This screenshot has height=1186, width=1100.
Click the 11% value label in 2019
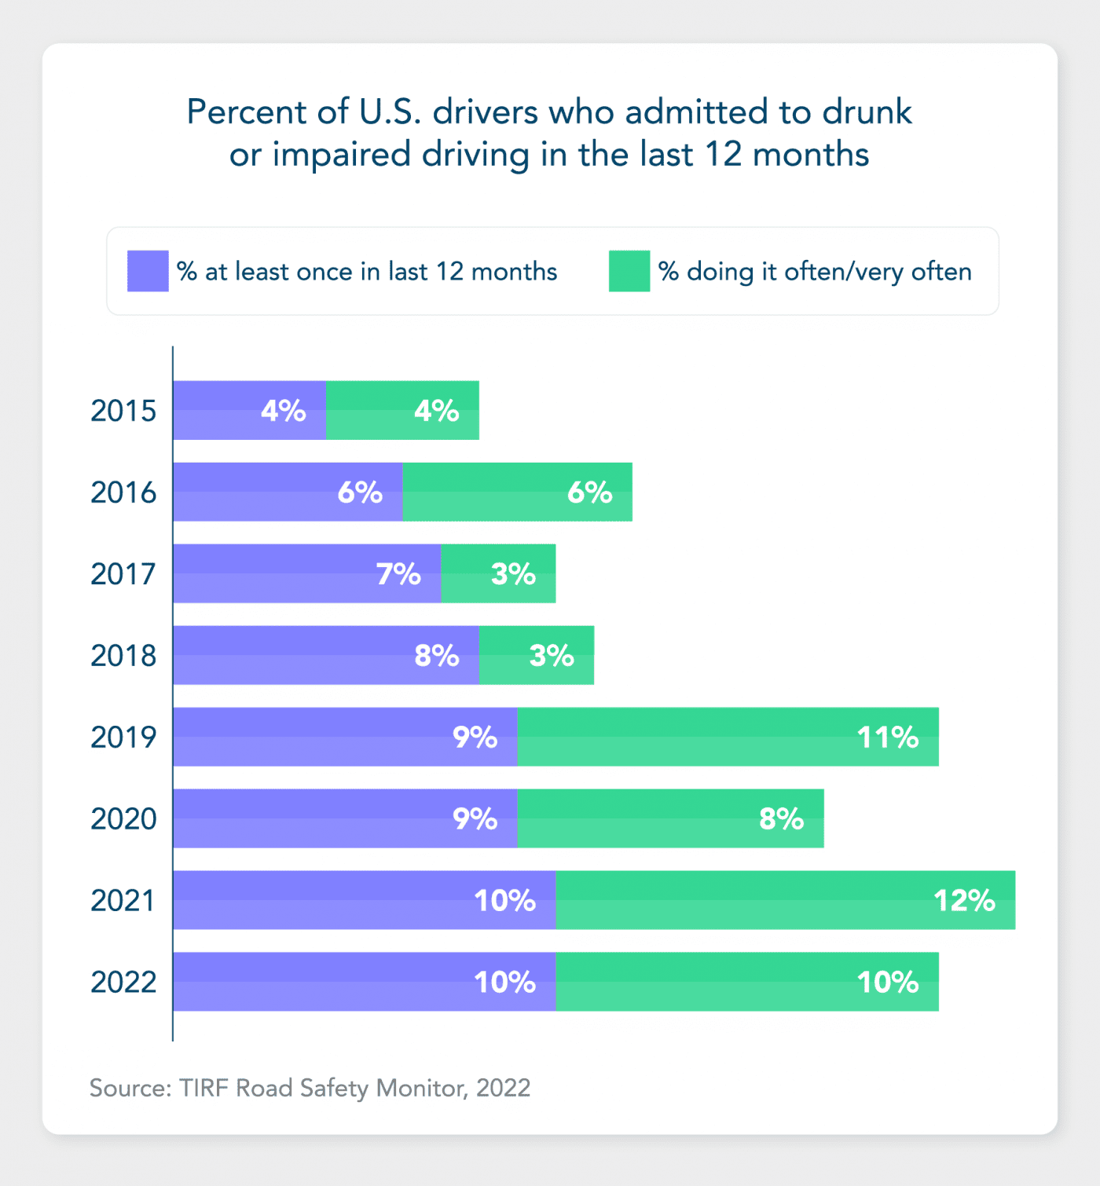click(887, 738)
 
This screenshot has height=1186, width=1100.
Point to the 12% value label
click(964, 900)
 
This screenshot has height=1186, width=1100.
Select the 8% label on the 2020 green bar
click(781, 819)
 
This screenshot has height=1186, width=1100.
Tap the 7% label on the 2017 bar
click(398, 574)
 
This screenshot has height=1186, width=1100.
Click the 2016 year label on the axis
click(123, 492)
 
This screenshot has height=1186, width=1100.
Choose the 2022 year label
click(123, 982)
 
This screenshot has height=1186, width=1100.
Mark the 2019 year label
click(123, 738)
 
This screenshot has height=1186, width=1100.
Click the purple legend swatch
click(148, 271)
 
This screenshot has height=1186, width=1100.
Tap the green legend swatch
click(629, 271)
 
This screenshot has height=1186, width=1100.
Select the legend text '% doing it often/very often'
click(815, 272)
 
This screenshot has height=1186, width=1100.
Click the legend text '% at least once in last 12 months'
click(367, 272)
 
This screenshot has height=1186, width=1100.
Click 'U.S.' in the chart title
click(390, 112)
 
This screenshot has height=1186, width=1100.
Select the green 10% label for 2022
click(887, 982)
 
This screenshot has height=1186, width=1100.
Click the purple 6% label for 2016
click(360, 492)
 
